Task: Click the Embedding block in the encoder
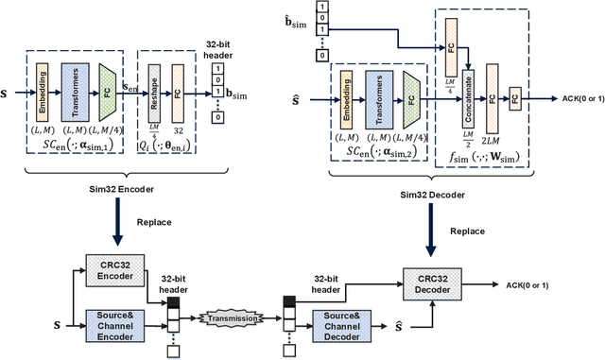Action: pyautogui.click(x=43, y=84)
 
